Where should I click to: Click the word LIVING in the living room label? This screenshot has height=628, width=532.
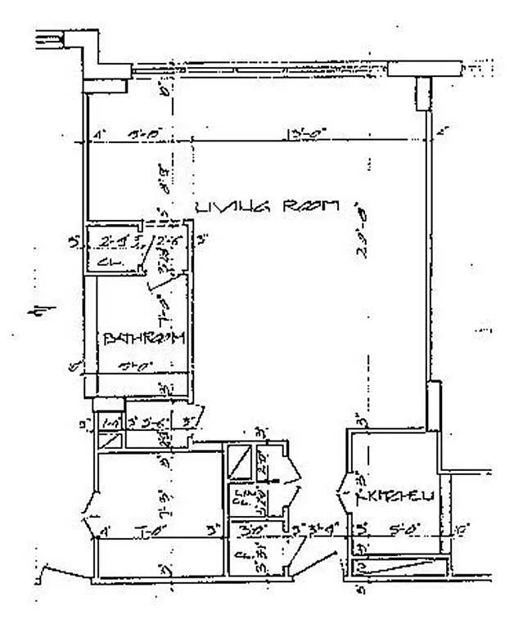[223, 208]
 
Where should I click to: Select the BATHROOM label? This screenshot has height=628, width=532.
[145, 338]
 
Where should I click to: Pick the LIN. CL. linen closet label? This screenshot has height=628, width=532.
[241, 498]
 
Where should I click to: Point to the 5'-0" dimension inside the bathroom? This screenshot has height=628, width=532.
[144, 366]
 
